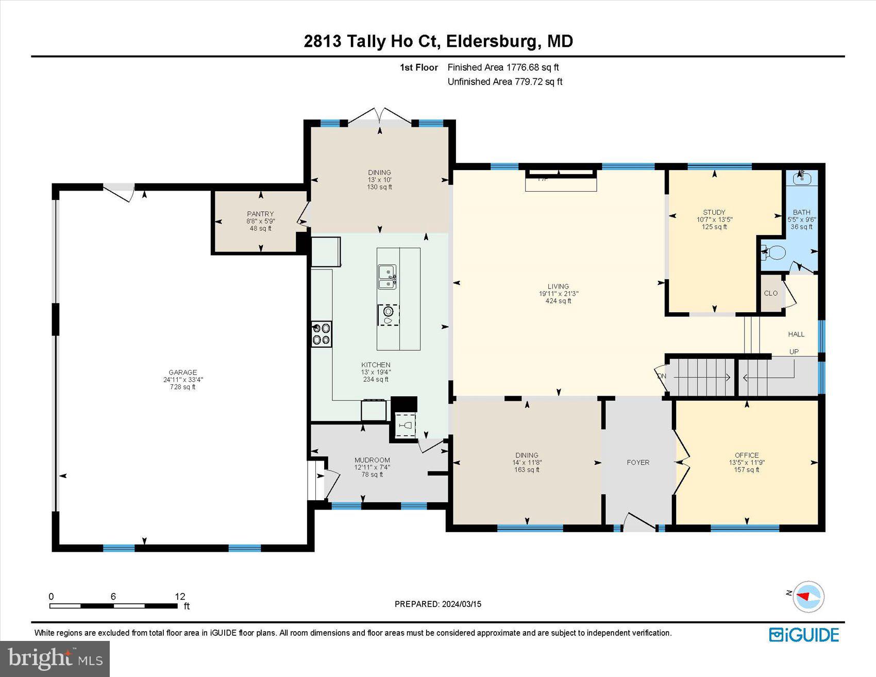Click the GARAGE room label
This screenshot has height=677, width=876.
182,372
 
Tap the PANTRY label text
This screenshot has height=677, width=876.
260,214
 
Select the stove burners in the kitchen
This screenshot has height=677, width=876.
322,333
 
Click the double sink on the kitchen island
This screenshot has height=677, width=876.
387,277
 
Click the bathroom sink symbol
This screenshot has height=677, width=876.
802,178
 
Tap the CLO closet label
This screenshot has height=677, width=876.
770,293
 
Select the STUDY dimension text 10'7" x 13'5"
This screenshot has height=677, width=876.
714,219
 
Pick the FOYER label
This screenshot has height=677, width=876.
638,462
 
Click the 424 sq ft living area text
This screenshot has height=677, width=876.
558,301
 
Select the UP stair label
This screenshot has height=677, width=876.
794,351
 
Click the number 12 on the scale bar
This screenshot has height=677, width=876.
180,596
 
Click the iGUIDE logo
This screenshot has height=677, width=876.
804,635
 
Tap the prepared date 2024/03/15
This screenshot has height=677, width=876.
461,604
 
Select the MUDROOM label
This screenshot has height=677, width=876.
372,460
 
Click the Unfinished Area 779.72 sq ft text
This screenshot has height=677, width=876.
505,81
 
